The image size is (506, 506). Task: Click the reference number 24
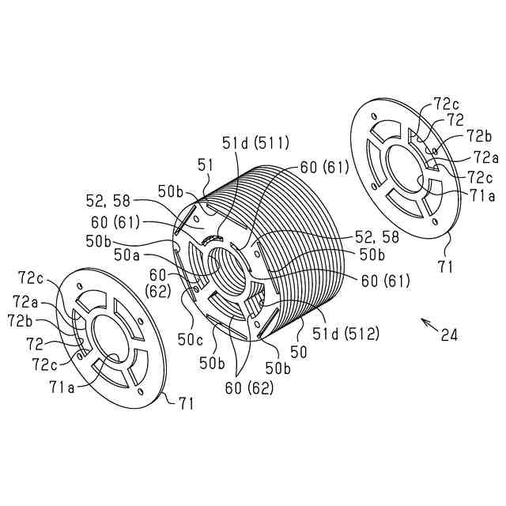coord(449,335)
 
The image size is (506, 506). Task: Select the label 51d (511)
coord(255,142)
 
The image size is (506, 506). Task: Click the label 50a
coord(127,255)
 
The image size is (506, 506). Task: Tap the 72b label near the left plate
coord(21,320)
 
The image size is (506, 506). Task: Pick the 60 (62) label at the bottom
coord(249,387)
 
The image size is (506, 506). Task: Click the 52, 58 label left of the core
coord(111,199)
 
